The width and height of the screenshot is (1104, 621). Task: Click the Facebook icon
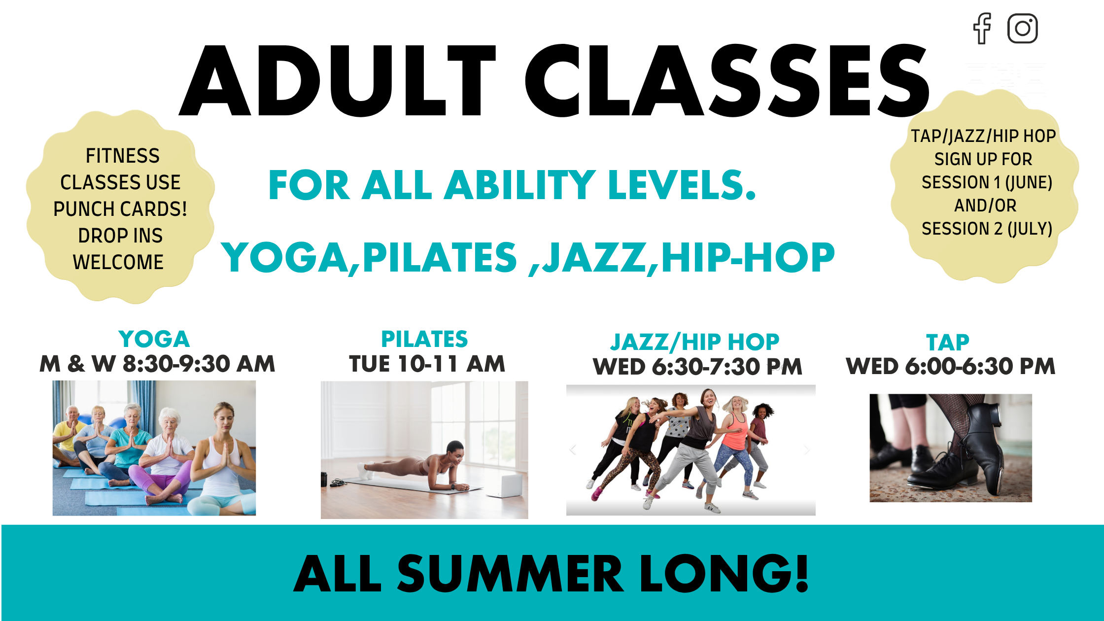(982, 28)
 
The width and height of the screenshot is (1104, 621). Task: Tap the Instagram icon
(1023, 28)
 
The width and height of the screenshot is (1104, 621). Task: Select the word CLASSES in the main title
(727, 80)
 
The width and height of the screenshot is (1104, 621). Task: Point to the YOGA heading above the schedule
(154, 339)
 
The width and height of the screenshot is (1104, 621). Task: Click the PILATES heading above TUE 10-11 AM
(424, 339)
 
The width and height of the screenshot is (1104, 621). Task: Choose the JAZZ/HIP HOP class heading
(695, 342)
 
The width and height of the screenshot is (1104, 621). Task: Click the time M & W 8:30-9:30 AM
(157, 364)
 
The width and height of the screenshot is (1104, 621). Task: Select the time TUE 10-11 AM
(427, 364)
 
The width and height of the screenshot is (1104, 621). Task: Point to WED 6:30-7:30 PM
(697, 367)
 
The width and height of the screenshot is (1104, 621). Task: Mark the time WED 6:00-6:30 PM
(951, 366)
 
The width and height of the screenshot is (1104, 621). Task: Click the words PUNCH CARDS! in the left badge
(120, 209)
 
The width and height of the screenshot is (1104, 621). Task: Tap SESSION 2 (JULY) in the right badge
(987, 229)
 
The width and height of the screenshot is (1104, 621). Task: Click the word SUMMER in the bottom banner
(511, 574)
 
